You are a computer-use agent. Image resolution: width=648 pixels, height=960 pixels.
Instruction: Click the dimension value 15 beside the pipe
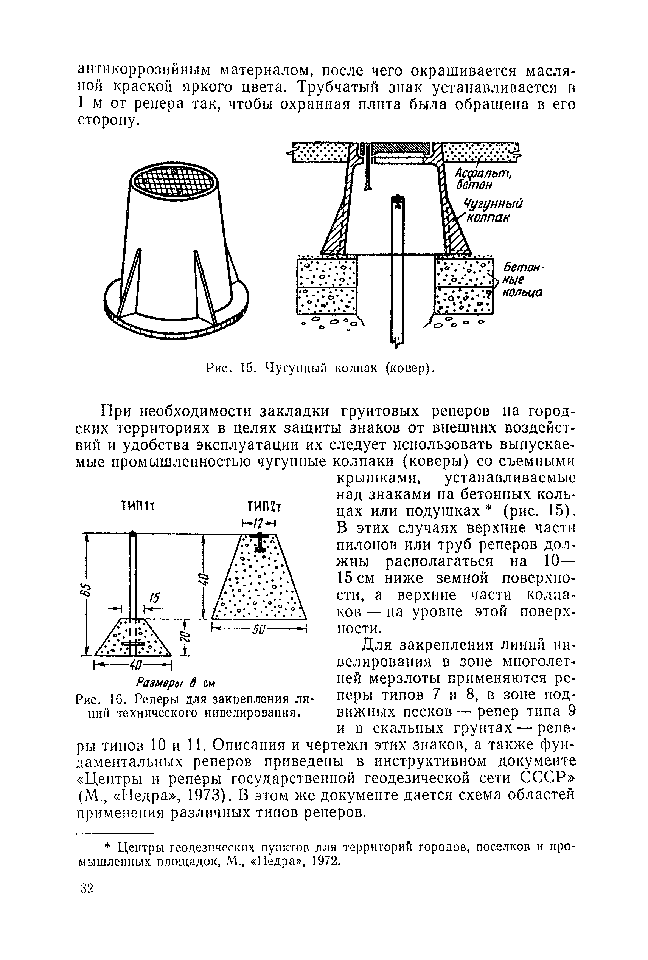pyautogui.click(x=155, y=598)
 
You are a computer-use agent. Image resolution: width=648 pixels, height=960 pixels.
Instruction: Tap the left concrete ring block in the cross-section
pyautogui.click(x=327, y=285)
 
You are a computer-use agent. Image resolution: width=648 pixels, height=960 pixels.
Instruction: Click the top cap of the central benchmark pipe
pyautogui.click(x=398, y=200)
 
